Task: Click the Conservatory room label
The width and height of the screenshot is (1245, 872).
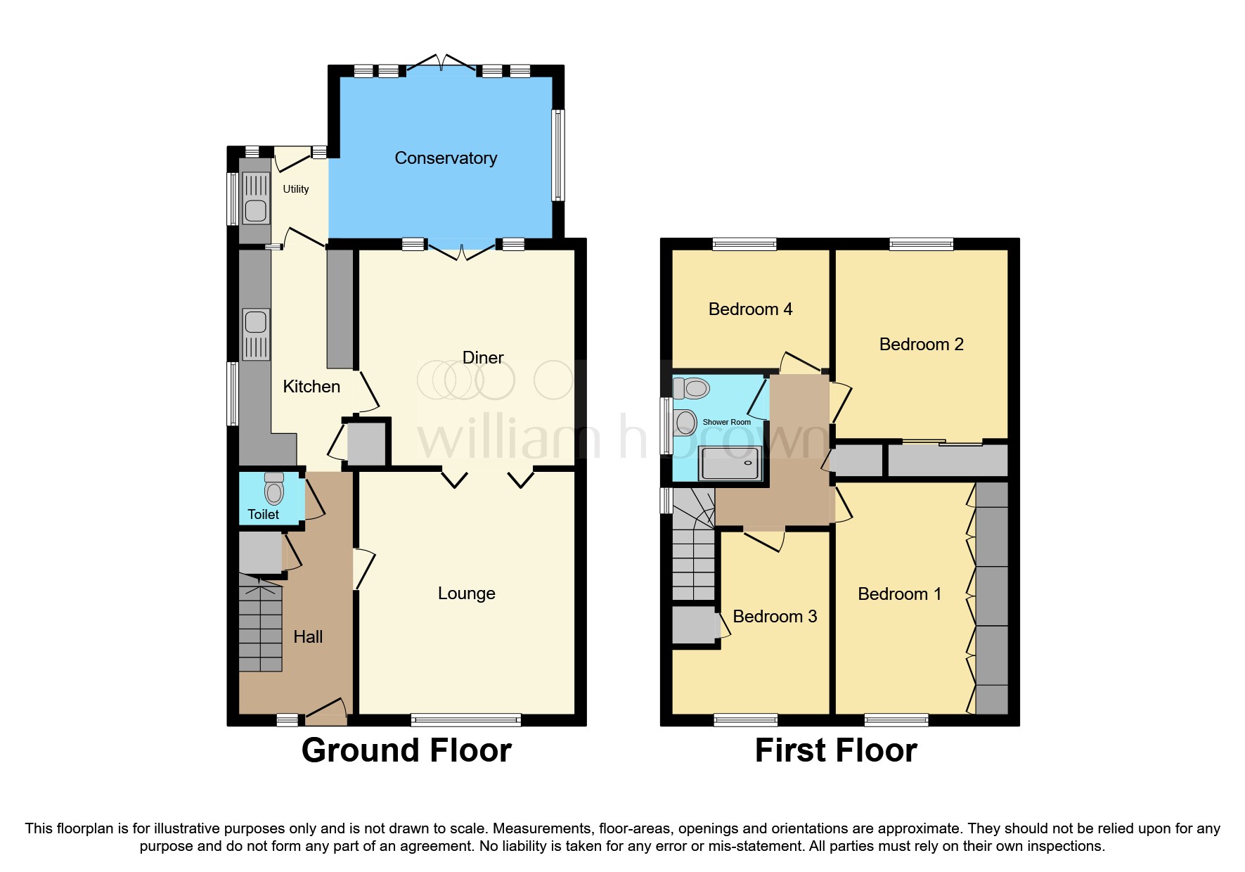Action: tap(446, 158)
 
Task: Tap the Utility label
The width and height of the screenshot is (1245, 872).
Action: tap(295, 189)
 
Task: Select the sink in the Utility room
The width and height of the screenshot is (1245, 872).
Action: tap(255, 209)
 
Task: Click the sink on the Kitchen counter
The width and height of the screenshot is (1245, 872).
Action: tap(256, 322)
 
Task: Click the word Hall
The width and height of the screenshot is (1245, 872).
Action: tap(308, 637)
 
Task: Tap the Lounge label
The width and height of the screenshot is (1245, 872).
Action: tap(466, 594)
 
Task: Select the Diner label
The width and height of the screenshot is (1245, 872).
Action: tap(483, 358)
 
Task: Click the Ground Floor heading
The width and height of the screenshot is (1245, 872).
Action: tap(406, 750)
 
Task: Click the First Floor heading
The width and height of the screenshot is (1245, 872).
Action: tap(835, 750)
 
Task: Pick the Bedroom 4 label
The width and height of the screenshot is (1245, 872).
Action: tap(750, 309)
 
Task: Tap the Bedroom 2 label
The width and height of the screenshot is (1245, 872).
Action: tap(921, 345)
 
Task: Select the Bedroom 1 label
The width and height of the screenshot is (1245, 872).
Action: tap(899, 594)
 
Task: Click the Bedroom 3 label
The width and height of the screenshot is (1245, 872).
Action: tap(774, 617)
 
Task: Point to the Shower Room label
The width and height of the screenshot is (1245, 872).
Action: tap(726, 422)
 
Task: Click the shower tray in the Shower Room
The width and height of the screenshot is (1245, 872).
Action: tap(729, 463)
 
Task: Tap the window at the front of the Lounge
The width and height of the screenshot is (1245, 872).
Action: tap(466, 719)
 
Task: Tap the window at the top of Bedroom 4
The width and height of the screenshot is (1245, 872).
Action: tap(744, 244)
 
